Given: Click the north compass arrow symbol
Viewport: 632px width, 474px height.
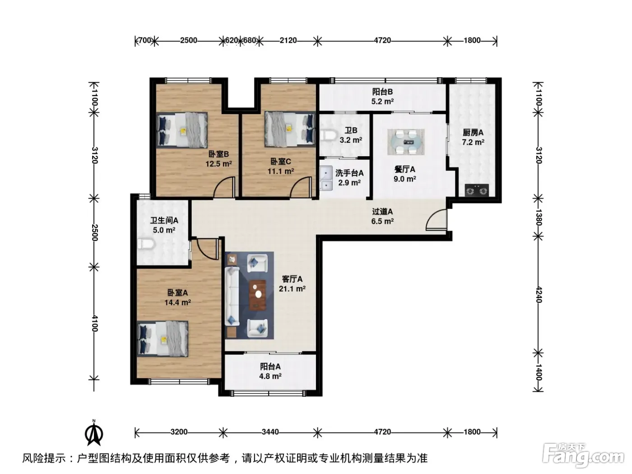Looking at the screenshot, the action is [x=94, y=432].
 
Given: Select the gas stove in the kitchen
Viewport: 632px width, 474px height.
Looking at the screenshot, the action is [x=477, y=190].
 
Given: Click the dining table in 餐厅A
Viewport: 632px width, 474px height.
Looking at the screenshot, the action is [x=406, y=142].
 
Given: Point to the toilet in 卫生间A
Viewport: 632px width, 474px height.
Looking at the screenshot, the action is [x=146, y=244].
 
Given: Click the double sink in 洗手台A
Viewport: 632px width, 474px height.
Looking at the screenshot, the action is [x=326, y=178].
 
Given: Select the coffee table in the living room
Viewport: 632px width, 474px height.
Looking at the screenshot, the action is [x=257, y=295].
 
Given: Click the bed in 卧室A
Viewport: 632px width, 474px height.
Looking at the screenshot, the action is [x=163, y=339].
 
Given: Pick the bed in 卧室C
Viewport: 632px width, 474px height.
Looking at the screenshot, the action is [x=290, y=129].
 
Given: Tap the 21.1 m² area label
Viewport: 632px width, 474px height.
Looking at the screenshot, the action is [x=292, y=288].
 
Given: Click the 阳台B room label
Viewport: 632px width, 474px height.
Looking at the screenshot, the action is [x=382, y=92].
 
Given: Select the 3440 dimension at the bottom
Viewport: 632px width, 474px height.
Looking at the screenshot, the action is [x=270, y=432].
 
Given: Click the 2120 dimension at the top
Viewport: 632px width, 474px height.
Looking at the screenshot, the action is [x=288, y=40].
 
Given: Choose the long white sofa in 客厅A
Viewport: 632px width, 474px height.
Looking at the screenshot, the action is [x=232, y=297].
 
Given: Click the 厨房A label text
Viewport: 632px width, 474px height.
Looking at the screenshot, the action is [x=473, y=133].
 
